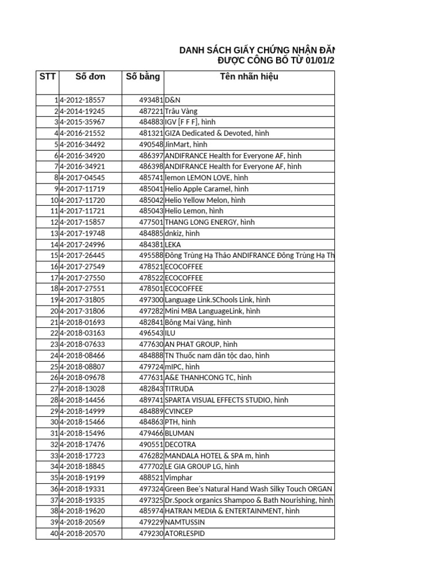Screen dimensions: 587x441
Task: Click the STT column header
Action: click(47, 77)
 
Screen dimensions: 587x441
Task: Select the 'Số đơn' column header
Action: click(90, 77)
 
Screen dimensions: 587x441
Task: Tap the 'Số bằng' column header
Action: click(143, 77)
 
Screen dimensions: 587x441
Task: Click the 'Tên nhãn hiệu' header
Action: click(249, 77)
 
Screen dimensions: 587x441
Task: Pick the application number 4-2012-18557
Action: click(82, 100)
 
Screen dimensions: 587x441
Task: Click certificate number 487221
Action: click(151, 111)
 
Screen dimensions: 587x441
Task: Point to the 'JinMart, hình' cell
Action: click(185, 144)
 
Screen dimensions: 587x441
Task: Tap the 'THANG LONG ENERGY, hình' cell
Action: click(209, 222)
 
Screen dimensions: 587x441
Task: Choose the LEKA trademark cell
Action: click(173, 244)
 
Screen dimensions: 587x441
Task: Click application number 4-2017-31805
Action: click(82, 300)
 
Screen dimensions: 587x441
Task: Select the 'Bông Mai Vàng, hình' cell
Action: click(198, 322)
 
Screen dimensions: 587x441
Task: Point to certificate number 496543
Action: click(151, 333)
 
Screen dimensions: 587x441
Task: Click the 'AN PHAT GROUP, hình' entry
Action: click(201, 345)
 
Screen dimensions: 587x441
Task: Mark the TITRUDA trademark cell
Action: click(180, 389)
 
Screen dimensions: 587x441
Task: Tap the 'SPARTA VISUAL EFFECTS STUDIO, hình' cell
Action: click(226, 400)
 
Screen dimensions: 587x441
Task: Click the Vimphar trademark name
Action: click(178, 478)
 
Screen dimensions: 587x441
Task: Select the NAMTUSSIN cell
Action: click(184, 522)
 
